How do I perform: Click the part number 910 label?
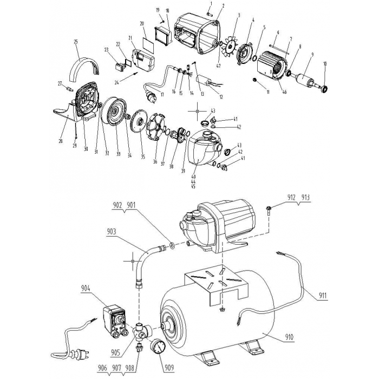290,336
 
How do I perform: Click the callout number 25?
76,41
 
